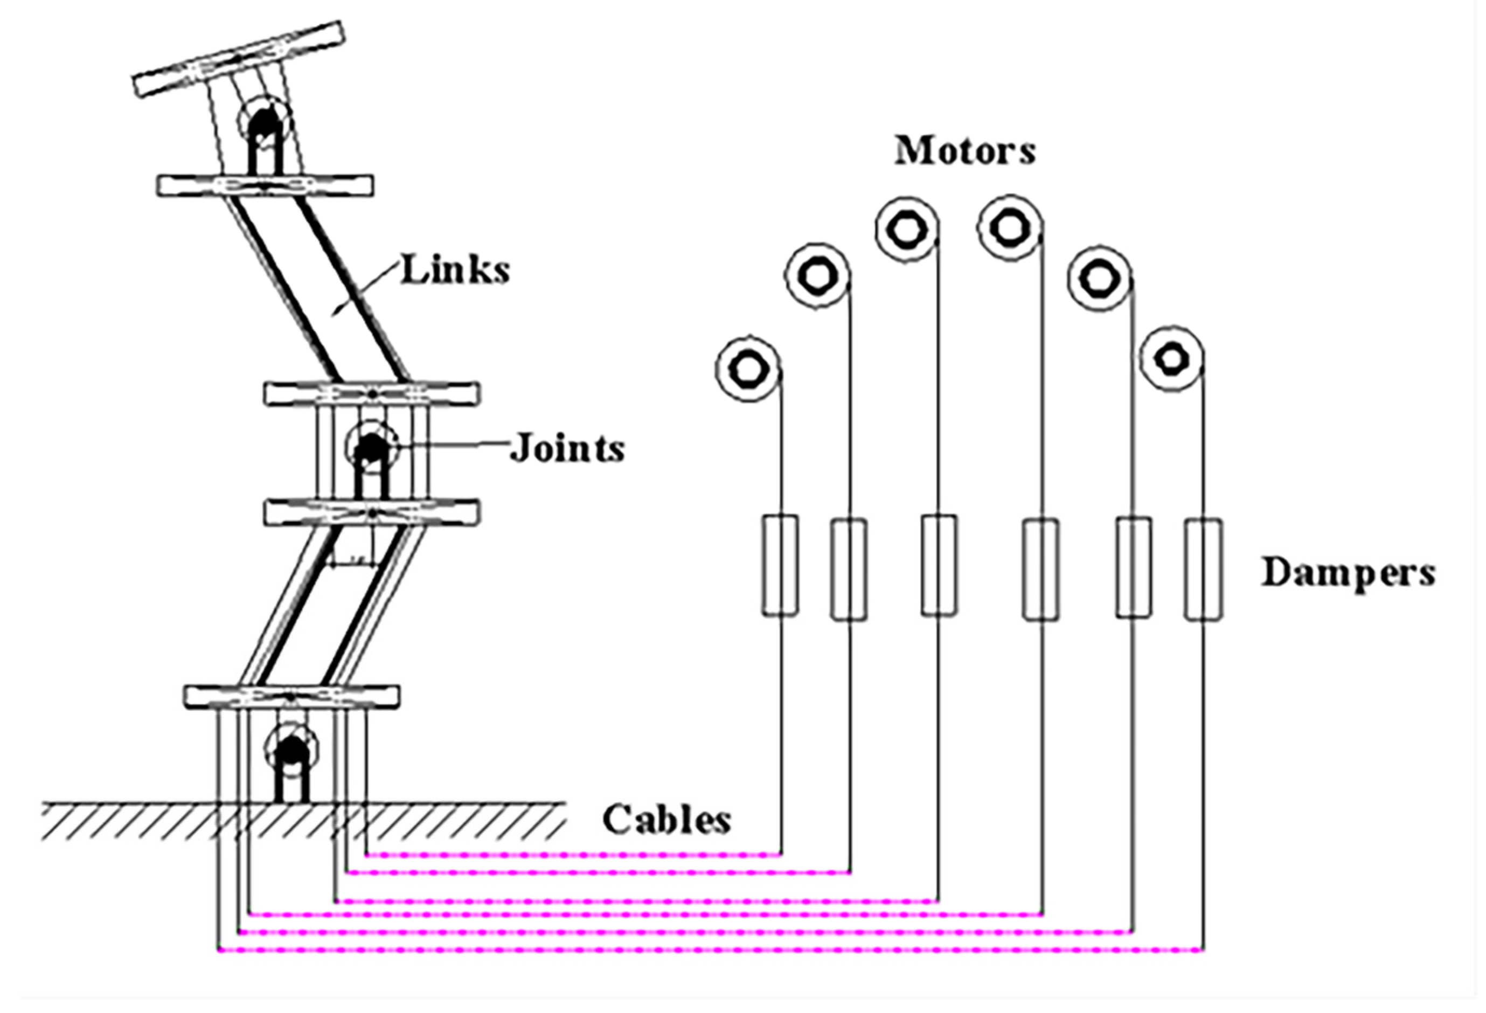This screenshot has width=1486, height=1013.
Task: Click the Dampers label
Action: (1348, 572)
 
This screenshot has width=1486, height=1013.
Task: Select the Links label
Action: (455, 270)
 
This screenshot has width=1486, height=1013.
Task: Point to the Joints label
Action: (566, 448)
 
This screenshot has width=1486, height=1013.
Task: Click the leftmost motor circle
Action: (747, 369)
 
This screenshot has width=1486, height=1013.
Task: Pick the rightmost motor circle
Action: (1171, 358)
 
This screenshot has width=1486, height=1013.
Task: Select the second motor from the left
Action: (817, 276)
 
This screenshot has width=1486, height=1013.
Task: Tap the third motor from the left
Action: (906, 229)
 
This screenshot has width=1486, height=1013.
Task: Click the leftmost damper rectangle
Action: (780, 565)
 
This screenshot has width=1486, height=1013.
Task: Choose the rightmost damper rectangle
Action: (1203, 569)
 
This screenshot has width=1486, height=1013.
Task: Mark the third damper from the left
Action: (939, 565)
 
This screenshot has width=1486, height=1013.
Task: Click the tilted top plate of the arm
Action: (239, 59)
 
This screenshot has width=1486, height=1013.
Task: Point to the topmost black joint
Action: (264, 122)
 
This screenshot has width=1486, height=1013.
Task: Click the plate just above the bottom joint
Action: (291, 696)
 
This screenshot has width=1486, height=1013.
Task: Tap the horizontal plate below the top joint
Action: (265, 185)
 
